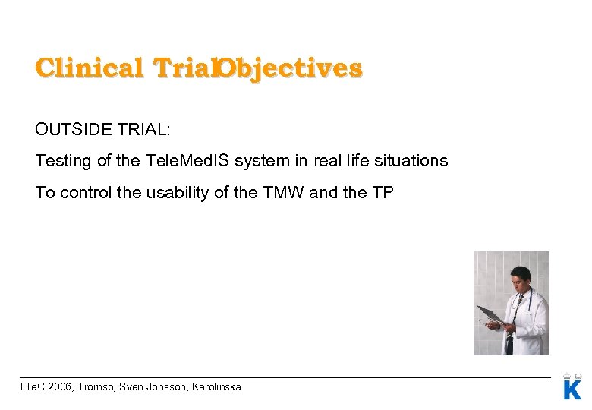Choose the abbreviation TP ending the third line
383,193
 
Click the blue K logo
572,389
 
